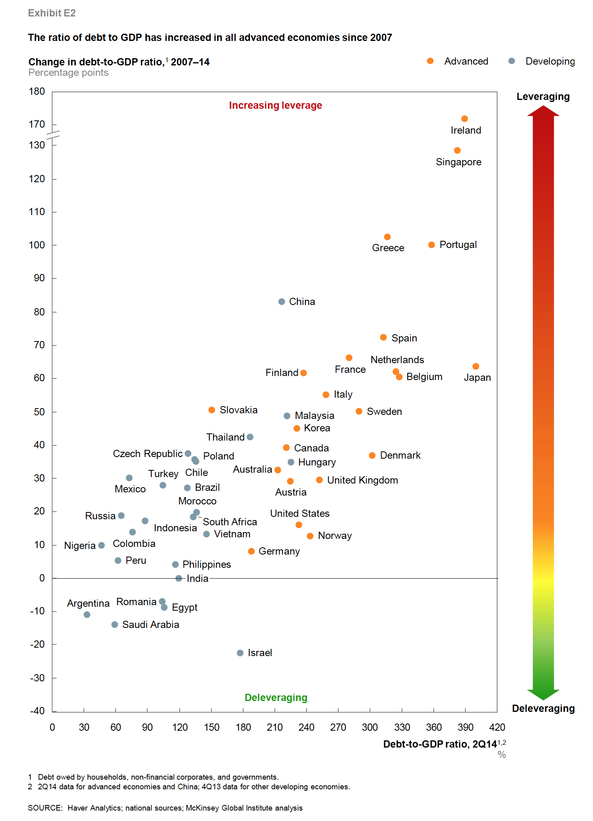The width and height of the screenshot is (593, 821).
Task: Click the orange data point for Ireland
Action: point(464,119)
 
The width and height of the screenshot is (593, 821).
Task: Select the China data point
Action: point(282,302)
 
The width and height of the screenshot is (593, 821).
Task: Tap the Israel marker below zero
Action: point(240,653)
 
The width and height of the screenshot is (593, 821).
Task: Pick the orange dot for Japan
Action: point(475,366)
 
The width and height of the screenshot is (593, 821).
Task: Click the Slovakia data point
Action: point(212,410)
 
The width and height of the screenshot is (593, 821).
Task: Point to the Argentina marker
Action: point(87,615)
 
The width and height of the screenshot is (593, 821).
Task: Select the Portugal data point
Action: point(431,245)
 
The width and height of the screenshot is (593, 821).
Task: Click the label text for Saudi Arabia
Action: point(150,625)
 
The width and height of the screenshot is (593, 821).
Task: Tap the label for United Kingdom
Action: point(362,480)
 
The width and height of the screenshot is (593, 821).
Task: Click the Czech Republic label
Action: point(147,454)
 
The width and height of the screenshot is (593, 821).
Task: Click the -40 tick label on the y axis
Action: point(37,711)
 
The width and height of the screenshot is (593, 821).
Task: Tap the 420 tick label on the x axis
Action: point(497,728)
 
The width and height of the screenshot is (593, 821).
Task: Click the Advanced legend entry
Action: point(466,61)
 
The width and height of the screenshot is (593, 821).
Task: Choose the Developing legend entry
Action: point(550,61)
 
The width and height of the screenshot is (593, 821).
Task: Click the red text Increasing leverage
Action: point(275,106)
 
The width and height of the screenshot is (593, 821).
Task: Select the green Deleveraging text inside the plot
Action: point(276,698)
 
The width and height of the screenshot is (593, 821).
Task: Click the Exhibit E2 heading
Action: point(52,13)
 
